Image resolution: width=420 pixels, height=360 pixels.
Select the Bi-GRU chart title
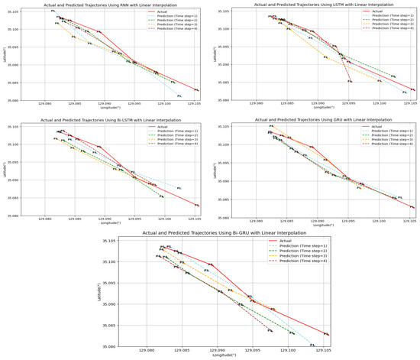point(210,232)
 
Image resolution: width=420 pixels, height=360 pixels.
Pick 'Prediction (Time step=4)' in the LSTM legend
point(389,28)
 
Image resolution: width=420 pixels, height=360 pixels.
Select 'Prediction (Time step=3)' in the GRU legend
point(389,138)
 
